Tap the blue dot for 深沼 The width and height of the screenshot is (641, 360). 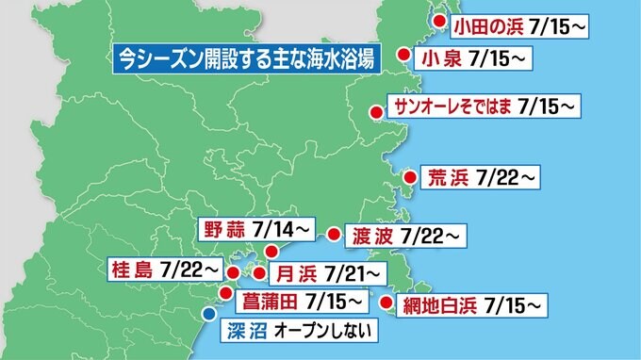[209, 315]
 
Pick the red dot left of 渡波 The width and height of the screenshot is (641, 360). [333, 233]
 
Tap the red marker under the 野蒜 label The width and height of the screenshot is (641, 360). [271, 251]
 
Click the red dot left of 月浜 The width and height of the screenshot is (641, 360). [260, 273]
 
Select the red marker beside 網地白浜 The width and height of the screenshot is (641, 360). [386, 303]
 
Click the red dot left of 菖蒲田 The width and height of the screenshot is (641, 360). [225, 293]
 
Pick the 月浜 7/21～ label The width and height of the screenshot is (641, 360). [326, 273]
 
